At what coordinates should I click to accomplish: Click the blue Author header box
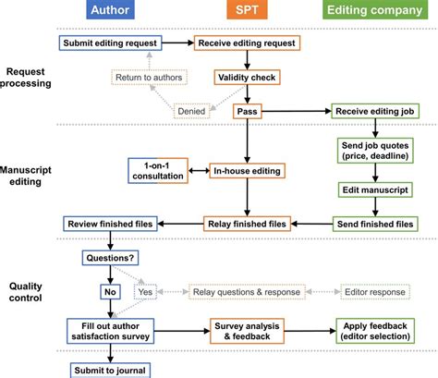point(111,12)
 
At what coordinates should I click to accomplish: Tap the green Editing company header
point(375,12)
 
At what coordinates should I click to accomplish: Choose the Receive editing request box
point(245,43)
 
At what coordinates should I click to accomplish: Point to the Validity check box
point(245,78)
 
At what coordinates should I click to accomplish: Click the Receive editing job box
point(375,111)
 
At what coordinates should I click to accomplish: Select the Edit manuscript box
point(375,189)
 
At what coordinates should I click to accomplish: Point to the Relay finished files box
point(245,223)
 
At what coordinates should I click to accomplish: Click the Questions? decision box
point(110,258)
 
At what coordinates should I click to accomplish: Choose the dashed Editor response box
point(376,290)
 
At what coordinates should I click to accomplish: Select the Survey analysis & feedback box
point(245,332)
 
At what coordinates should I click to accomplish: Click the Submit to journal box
point(110,369)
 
